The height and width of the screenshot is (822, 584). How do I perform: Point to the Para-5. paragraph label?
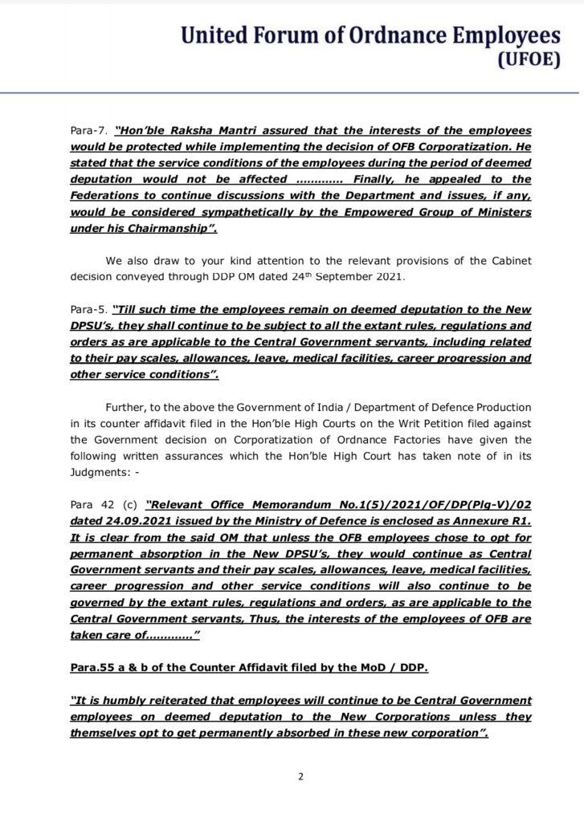88,309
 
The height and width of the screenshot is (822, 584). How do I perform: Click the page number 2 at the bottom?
300,776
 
